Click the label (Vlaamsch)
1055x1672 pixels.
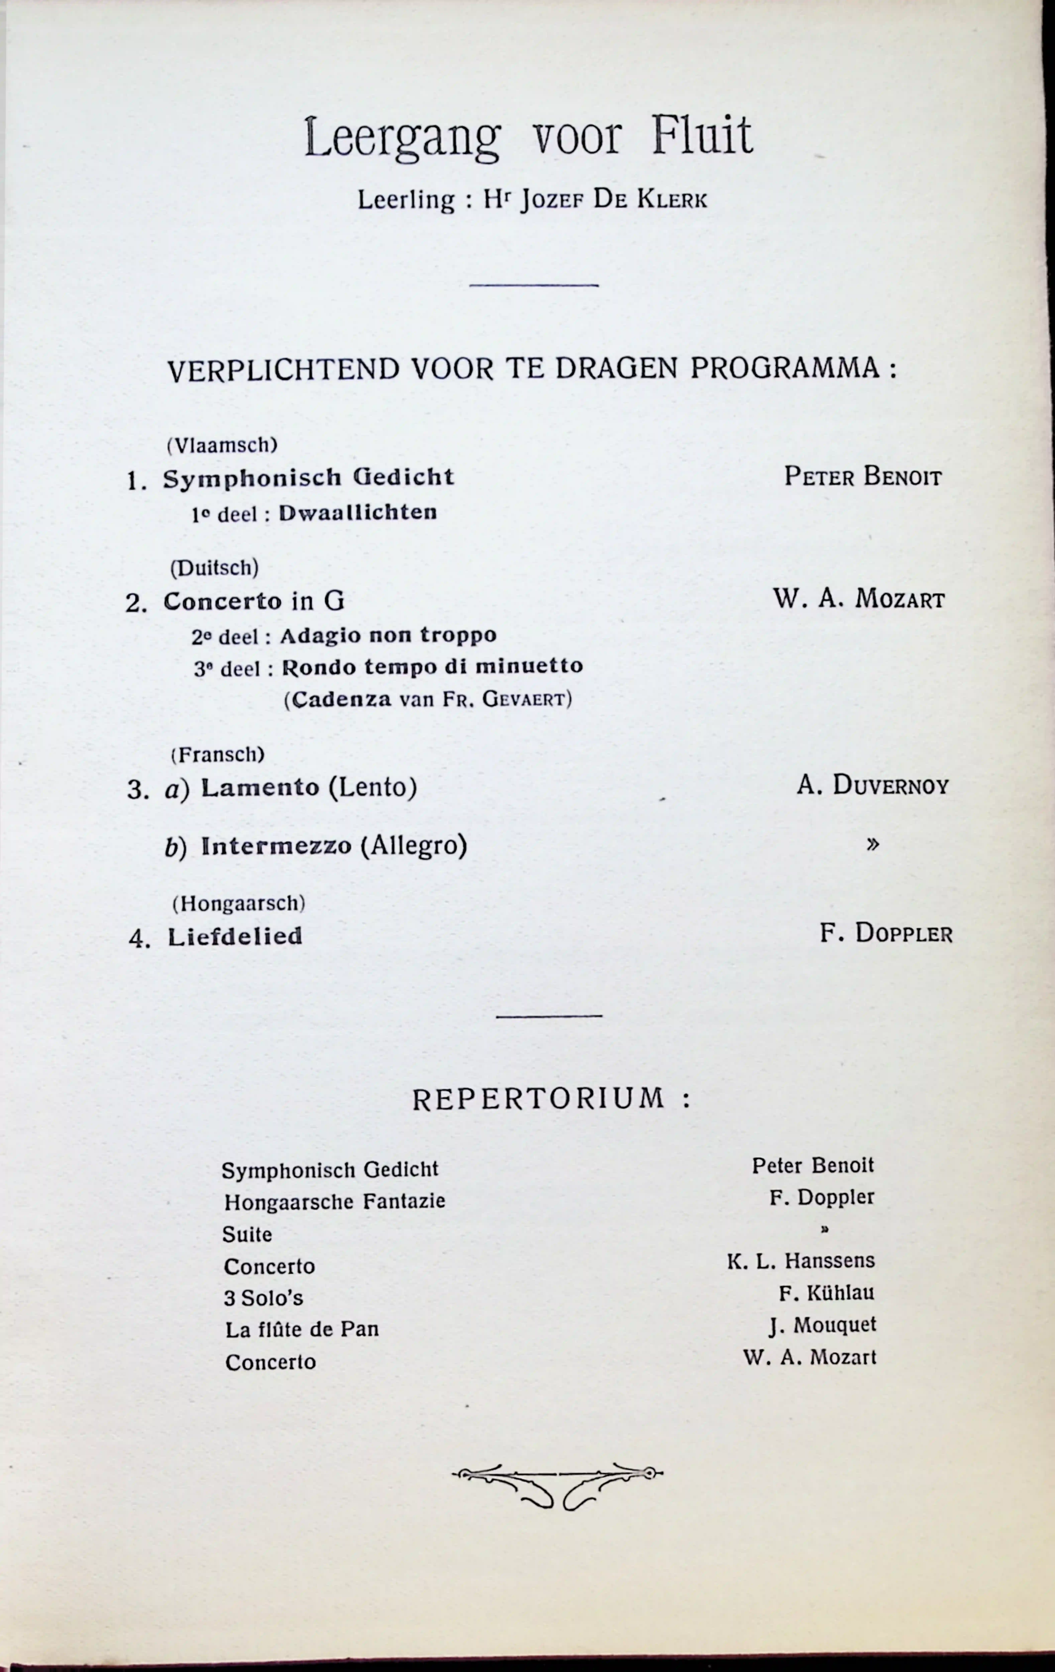pos(222,445)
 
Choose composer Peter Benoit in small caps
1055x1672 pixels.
pos(863,477)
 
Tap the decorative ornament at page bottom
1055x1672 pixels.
pos(557,1488)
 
